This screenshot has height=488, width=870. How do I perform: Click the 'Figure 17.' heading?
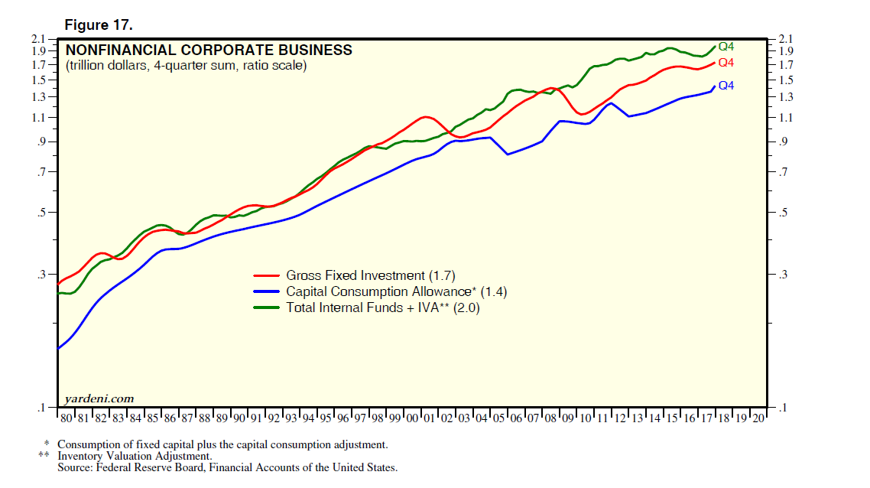pos(99,25)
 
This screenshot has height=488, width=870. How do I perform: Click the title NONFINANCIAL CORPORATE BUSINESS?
pos(209,50)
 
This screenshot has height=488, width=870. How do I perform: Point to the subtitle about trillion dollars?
pos(186,66)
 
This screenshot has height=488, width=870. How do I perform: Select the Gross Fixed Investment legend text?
pos(371,275)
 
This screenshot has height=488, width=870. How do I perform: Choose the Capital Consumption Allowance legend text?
pos(396,291)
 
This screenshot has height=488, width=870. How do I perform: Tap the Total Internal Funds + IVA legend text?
pos(383,307)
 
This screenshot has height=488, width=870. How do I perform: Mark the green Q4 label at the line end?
pos(726,47)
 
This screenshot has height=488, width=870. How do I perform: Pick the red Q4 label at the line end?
pos(726,63)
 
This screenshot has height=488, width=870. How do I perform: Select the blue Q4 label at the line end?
pos(726,86)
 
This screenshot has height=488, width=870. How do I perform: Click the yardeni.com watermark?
pos(99,398)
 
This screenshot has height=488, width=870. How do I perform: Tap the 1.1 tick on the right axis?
pos(786,117)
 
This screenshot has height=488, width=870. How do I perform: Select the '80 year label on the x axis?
pos(67,418)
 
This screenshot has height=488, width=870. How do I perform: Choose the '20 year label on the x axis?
pos(758,418)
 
